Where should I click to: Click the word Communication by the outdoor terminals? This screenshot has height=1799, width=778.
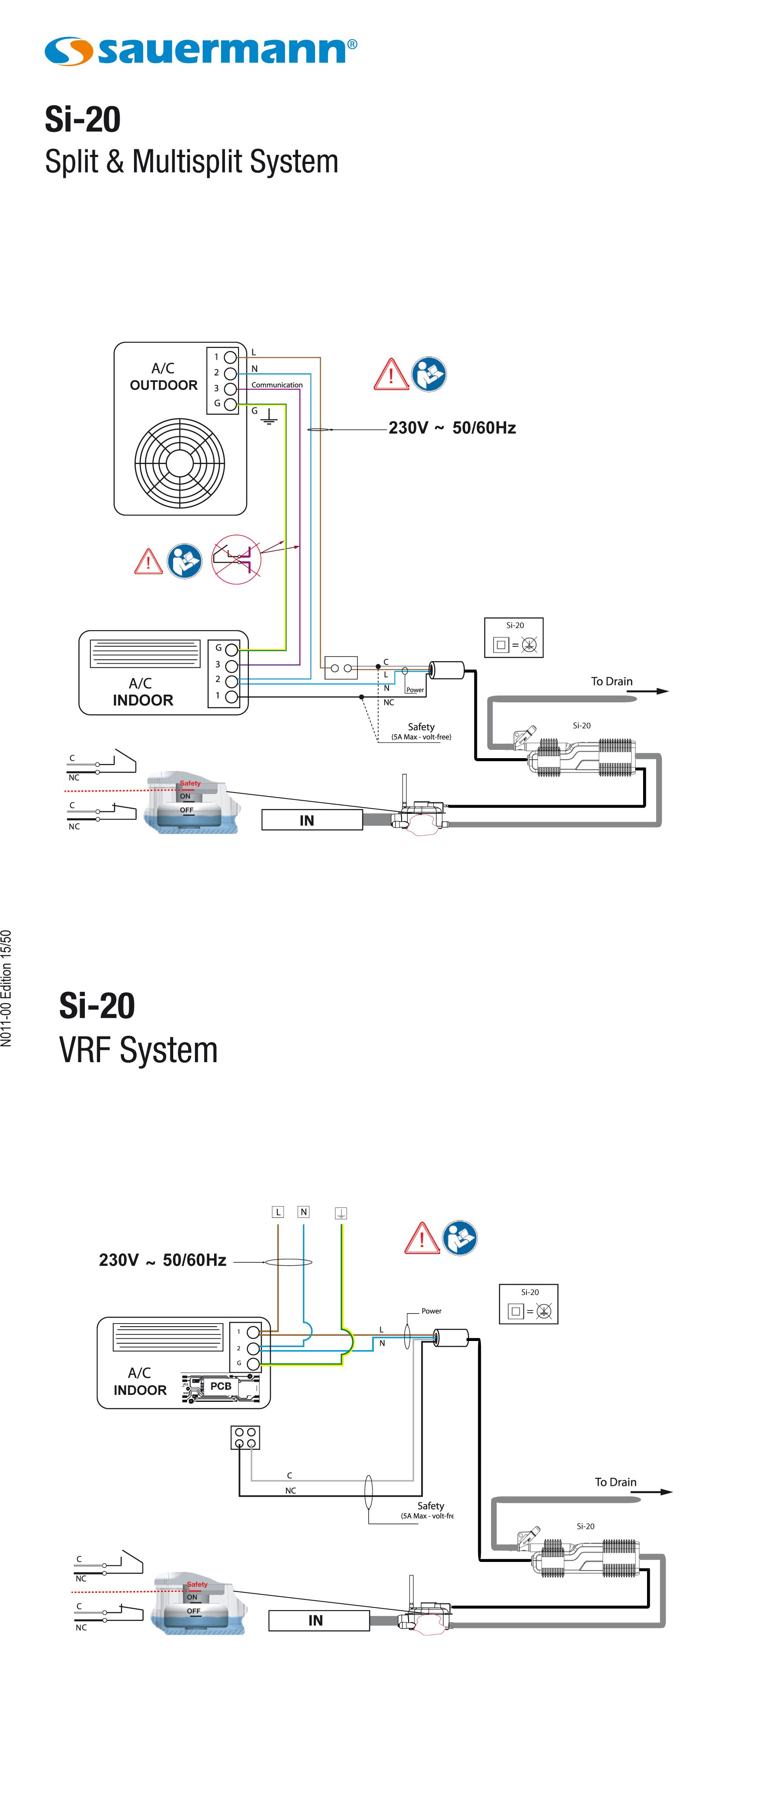click(277, 385)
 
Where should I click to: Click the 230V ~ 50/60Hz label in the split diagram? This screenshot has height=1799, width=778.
click(452, 428)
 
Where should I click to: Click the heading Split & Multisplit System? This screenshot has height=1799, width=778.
click(191, 162)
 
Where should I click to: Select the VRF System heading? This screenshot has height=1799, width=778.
click(138, 1050)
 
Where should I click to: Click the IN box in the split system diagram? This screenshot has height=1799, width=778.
click(312, 820)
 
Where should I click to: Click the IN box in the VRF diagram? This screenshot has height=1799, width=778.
click(319, 1620)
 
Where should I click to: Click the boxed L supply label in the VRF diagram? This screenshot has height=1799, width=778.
click(278, 1212)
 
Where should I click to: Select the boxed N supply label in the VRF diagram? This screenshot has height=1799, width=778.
click(303, 1212)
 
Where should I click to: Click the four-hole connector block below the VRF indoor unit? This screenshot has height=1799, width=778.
click(245, 1437)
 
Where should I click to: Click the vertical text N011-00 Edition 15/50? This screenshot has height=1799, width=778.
click(7, 988)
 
